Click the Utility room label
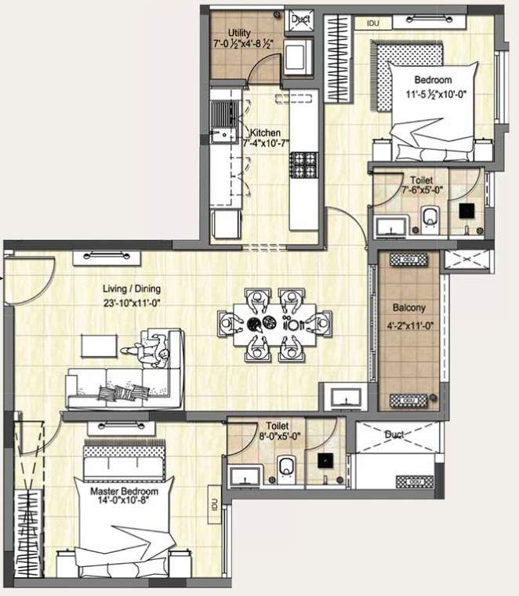coord(239,32)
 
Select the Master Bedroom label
coord(124,492)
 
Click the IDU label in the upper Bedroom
coord(373,24)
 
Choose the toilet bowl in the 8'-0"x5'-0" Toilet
coord(285,467)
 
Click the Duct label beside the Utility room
coord(300,20)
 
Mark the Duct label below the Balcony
coord(394,434)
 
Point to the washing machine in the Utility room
coord(298,58)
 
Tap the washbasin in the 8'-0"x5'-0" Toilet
coord(246,474)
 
